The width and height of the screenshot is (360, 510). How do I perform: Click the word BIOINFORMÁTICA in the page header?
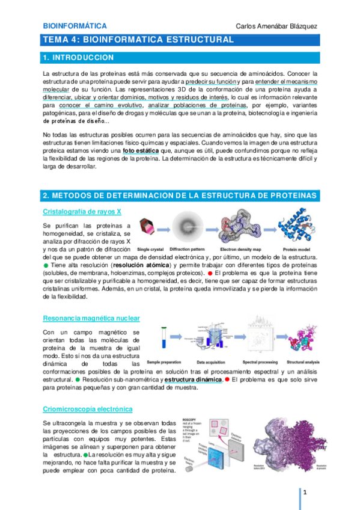pos(75,26)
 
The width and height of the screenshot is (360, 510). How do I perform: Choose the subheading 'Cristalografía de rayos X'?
pos(82,211)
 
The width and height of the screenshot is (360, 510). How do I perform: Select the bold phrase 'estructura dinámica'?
pos(192,379)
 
